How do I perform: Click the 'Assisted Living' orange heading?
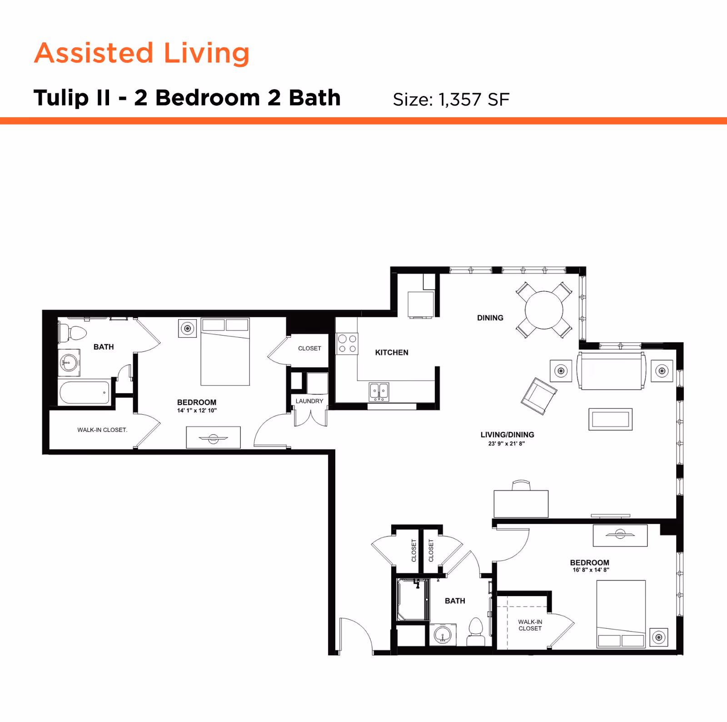pos(142,53)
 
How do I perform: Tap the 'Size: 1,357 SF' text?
pos(451,100)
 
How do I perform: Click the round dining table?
pos(544,310)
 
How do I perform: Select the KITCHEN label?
pos(392,352)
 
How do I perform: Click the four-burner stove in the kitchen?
pos(347,344)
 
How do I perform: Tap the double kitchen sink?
pos(379,391)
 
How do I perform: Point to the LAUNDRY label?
pos(309,401)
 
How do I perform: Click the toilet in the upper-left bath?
pos(73,333)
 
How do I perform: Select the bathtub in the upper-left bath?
pos(85,393)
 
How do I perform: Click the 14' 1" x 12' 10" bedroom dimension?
pos(197,411)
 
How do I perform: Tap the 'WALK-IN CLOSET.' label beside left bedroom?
pos(102,430)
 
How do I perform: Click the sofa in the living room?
pos(611,371)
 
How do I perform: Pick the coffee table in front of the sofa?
pos(610,419)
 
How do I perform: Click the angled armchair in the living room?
pos(539,396)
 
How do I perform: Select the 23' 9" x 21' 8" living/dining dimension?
pos(506,443)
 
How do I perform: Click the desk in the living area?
pos(521,503)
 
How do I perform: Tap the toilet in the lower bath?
pos(476,632)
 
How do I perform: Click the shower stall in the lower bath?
pos(412,600)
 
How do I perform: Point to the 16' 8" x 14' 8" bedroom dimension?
pos(591,570)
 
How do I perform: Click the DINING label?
pos(490,318)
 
